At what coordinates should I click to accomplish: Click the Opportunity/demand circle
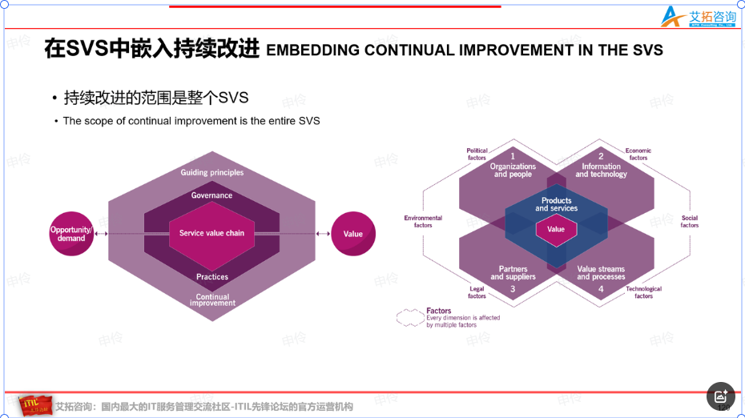(x=71, y=234)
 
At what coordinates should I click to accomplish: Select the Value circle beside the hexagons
(x=353, y=234)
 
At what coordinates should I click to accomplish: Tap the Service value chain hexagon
(x=211, y=233)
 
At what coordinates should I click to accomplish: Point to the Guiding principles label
(x=211, y=172)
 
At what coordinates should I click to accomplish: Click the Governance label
(x=211, y=195)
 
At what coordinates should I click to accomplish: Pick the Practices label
(x=212, y=277)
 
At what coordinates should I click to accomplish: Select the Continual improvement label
(x=212, y=300)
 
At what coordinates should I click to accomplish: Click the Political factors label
(x=477, y=154)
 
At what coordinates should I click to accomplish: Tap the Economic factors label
(x=638, y=154)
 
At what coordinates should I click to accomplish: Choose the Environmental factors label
(x=423, y=222)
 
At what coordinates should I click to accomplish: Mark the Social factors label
(x=690, y=222)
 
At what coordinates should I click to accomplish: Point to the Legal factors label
(x=477, y=292)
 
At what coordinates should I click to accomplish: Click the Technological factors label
(x=643, y=292)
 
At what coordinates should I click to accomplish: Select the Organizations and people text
(x=513, y=171)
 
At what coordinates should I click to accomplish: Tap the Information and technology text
(x=601, y=171)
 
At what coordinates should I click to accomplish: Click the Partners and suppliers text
(x=513, y=273)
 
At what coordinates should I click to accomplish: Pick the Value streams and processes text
(x=601, y=273)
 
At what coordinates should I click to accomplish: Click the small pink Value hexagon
(x=556, y=229)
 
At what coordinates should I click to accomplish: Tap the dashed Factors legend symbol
(x=409, y=318)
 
